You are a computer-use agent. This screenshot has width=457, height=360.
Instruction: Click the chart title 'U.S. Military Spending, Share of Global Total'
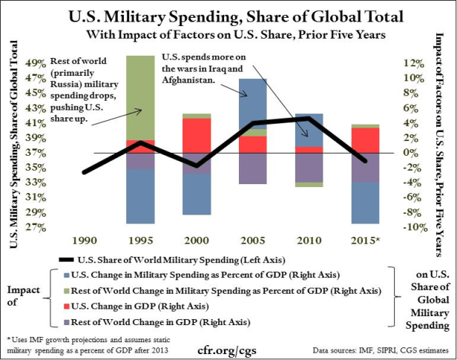point(228,16)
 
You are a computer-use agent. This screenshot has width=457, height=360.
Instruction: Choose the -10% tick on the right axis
point(412,227)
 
